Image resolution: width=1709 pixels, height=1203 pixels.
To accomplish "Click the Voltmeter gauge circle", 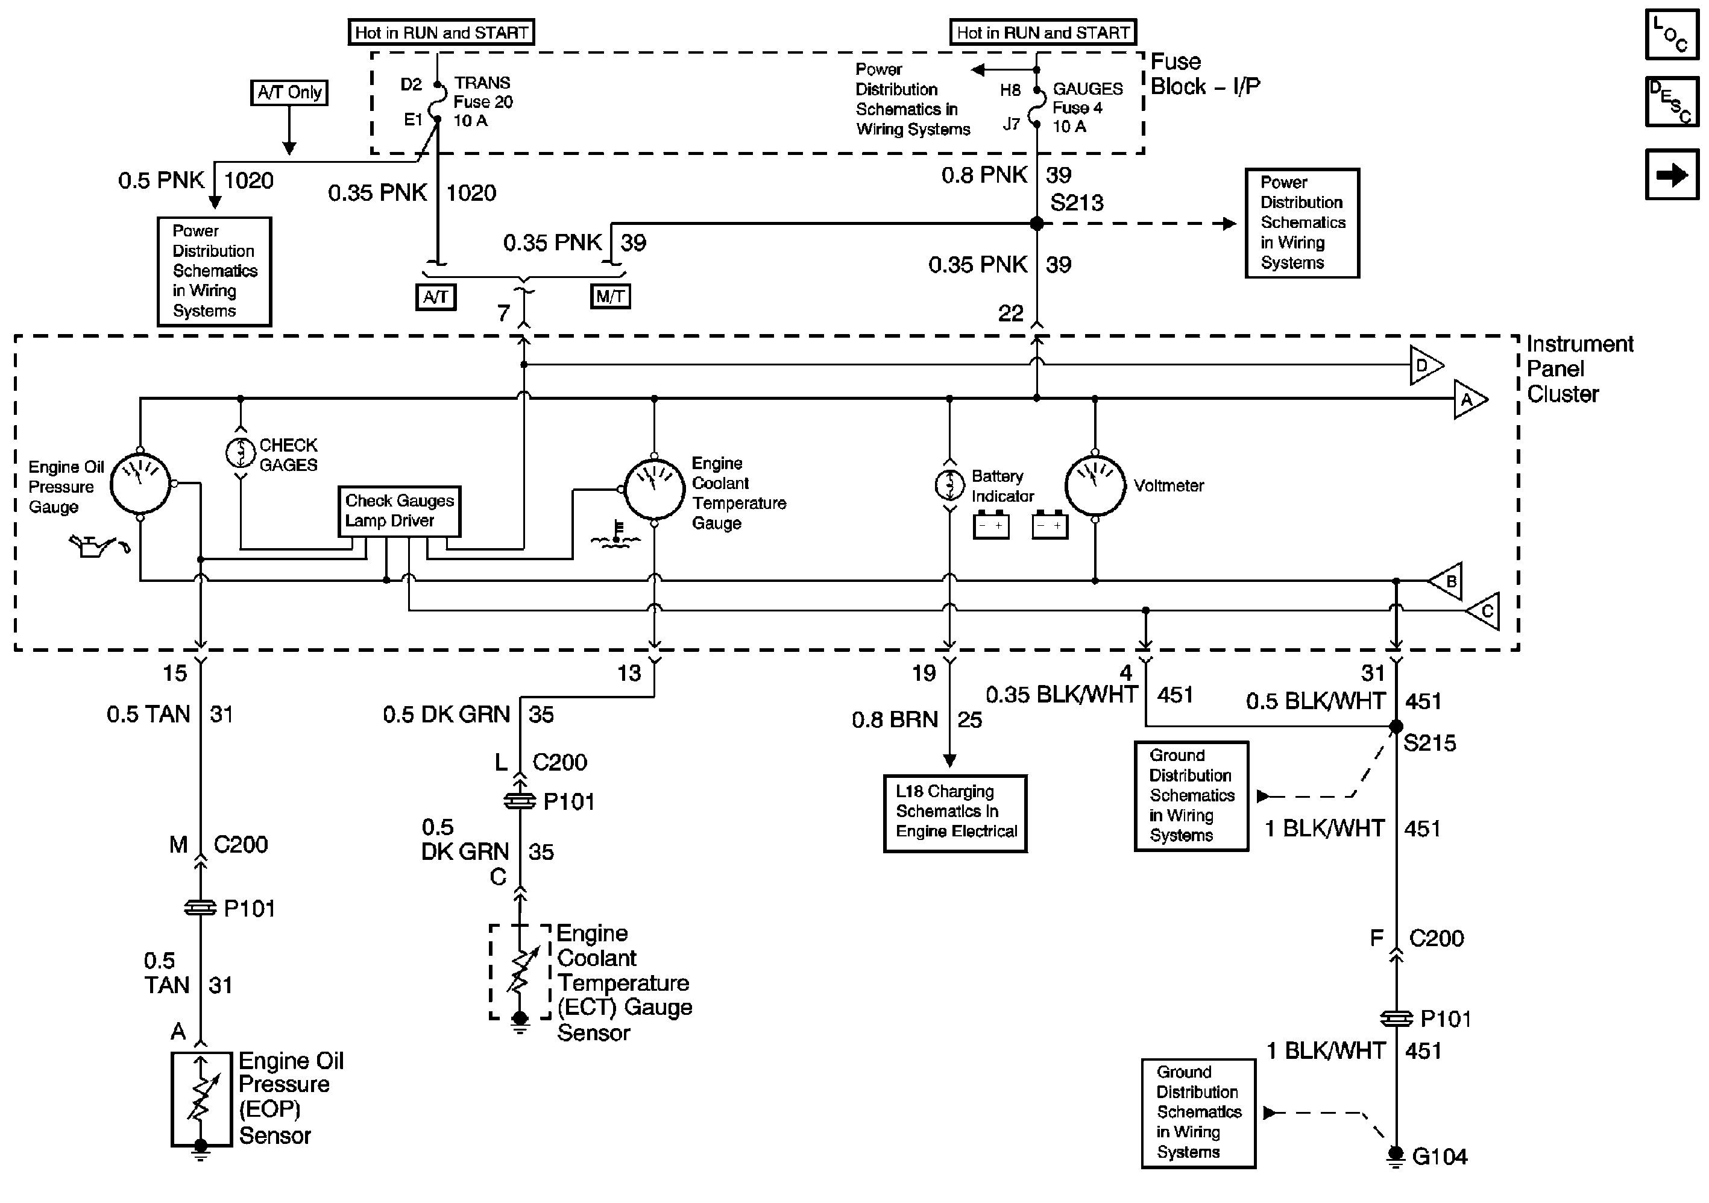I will pyautogui.click(x=1094, y=485).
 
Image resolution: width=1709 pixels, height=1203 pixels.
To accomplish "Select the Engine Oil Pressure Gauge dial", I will pyautogui.click(x=140, y=484).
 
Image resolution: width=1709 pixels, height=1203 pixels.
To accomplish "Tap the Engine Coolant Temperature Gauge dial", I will pyautogui.click(x=653, y=489).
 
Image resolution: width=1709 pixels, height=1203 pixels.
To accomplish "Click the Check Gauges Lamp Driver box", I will pyautogui.click(x=399, y=511).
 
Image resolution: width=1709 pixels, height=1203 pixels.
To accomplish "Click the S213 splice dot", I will pyautogui.click(x=1036, y=223).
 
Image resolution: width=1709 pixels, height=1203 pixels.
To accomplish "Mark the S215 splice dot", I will pyautogui.click(x=1396, y=727).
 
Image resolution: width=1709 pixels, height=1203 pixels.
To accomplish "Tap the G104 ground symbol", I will pyautogui.click(x=1396, y=1155).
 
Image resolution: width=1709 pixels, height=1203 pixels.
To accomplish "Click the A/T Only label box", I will pyautogui.click(x=289, y=92).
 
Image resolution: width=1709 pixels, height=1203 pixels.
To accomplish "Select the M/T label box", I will pyautogui.click(x=610, y=297).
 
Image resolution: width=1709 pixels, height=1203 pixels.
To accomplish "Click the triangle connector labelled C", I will pyautogui.click(x=1484, y=611).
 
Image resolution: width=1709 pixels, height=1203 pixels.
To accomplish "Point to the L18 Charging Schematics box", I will pyautogui.click(x=955, y=812).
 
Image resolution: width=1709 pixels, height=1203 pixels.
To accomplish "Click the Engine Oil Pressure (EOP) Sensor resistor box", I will pyautogui.click(x=200, y=1099).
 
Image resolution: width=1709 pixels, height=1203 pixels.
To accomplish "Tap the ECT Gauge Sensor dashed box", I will pyautogui.click(x=520, y=971).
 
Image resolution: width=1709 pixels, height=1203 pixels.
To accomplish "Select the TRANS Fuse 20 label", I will pyautogui.click(x=483, y=102).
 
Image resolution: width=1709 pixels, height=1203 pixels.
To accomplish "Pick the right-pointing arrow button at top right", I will pyautogui.click(x=1672, y=175).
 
